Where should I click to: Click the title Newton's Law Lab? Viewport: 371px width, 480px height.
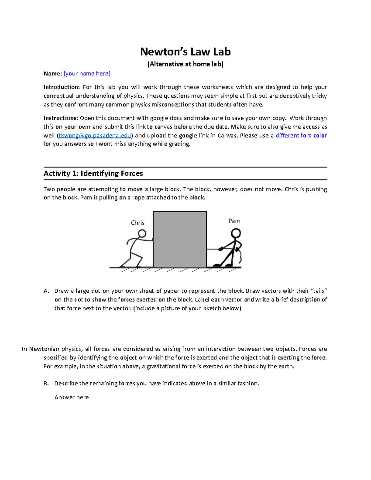(185, 52)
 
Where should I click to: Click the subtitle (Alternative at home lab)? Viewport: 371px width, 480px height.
(185, 64)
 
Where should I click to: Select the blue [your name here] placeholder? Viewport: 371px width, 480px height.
(87, 74)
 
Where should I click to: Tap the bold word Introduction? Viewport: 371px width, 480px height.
(62, 87)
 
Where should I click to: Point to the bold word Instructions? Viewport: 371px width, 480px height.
(61, 118)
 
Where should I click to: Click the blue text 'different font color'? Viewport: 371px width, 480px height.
(301, 135)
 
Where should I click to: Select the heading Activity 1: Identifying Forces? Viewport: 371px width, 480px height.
(93, 173)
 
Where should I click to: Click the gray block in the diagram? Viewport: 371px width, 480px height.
(180, 240)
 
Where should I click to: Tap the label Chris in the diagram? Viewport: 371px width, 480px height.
(138, 223)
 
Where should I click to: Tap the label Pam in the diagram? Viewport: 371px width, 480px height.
(234, 221)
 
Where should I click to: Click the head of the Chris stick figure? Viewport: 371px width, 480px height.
(142, 233)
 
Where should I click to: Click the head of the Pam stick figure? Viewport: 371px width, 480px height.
(236, 233)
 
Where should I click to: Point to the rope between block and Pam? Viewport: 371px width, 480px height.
(213, 249)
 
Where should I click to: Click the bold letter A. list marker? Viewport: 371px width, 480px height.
(46, 291)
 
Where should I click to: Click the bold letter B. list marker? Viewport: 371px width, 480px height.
(46, 383)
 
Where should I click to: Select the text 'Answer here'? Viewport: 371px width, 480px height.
(71, 397)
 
